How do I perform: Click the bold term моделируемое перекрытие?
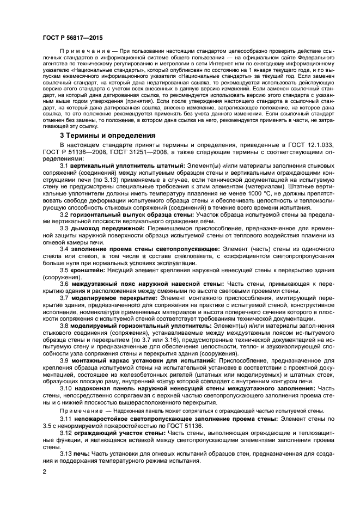[x=108, y=299]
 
